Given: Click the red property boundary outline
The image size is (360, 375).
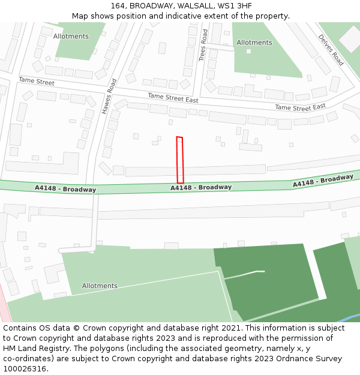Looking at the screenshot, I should coord(179,160).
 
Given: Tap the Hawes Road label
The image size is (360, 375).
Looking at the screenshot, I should coord(109,96).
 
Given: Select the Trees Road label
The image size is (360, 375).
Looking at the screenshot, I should coord(203,45).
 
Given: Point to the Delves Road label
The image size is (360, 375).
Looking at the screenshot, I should coord(331,50).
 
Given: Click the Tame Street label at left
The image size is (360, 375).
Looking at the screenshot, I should coord(36,81).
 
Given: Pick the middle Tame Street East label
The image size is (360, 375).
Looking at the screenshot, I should coord(173,97).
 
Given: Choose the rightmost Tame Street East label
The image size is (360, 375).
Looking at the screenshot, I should coord(300,107).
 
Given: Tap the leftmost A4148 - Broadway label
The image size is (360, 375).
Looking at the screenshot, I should coord(65,188).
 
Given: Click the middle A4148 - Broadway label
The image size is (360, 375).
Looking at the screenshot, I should coord(201,187).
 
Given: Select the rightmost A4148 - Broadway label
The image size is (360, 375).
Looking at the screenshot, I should coord(323,181).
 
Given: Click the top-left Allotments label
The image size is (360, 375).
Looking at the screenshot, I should coord(71,37).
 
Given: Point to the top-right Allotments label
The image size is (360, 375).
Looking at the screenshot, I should coord(254,43).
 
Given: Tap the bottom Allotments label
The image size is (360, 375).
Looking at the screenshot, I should coord(100,286).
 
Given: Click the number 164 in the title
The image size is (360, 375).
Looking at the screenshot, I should coord(118,6).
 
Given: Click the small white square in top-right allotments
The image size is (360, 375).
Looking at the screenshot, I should coord(248,51).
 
